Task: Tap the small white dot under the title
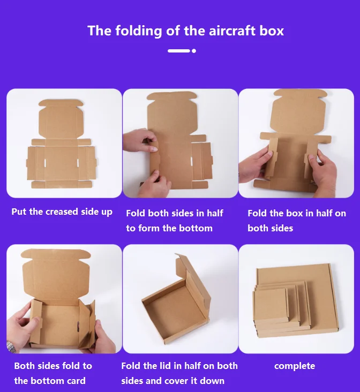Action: pyautogui.click(x=194, y=51)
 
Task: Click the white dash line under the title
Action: pyautogui.click(x=179, y=51)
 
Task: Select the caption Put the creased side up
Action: pyautogui.click(x=62, y=212)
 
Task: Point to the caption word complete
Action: pyautogui.click(x=295, y=366)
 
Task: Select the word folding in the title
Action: pyautogui.click(x=138, y=31)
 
